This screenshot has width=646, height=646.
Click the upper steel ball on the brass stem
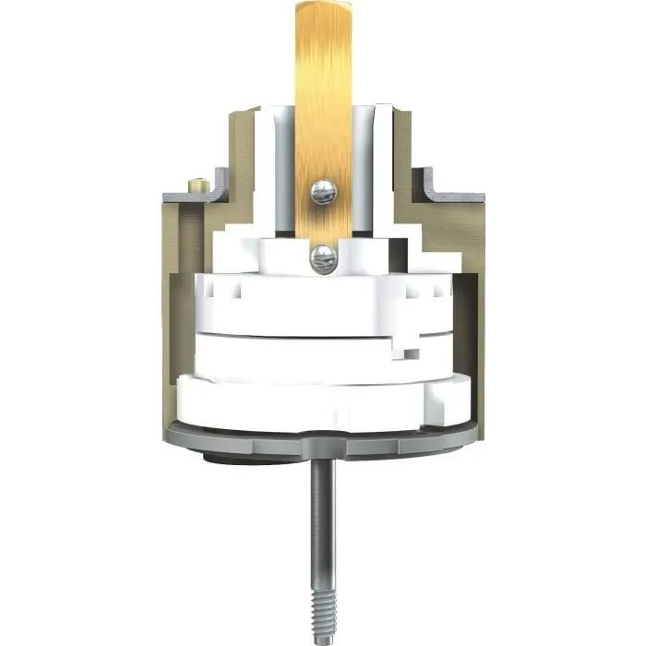tap(323, 190)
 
